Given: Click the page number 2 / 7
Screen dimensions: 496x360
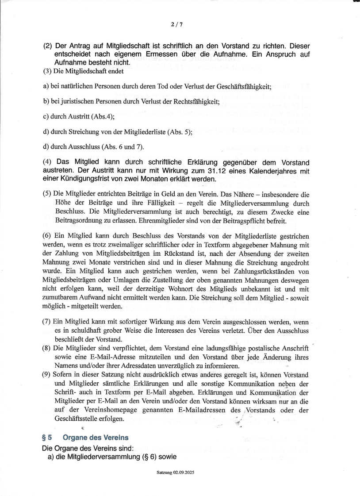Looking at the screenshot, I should (176, 25).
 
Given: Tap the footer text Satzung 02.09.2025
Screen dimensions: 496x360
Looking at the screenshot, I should (175, 473).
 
